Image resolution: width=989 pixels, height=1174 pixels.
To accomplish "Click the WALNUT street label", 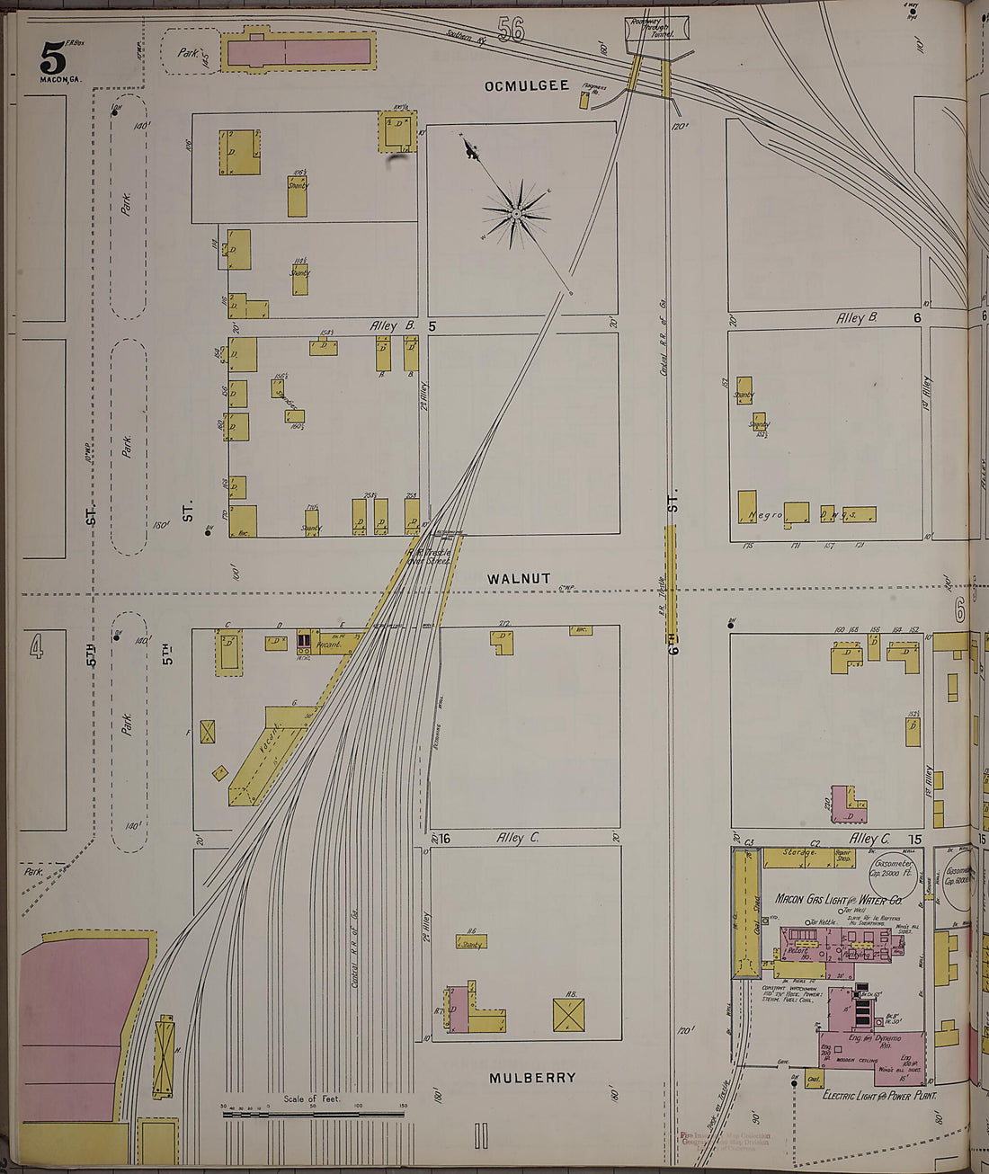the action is (x=518, y=579).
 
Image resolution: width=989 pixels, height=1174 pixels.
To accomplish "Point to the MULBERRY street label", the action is (x=532, y=1077).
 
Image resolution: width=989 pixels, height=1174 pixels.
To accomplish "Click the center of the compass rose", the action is (x=517, y=214).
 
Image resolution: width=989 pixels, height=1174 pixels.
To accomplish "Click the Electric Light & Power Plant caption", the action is (x=879, y=1096).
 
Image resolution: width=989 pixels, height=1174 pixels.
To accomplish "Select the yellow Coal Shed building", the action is (x=745, y=912).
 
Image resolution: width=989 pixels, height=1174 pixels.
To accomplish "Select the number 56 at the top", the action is (x=510, y=31).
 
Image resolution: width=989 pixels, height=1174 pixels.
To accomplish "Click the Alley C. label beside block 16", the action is (x=519, y=837).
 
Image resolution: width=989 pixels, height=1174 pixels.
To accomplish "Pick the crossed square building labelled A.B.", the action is (x=570, y=1014).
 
